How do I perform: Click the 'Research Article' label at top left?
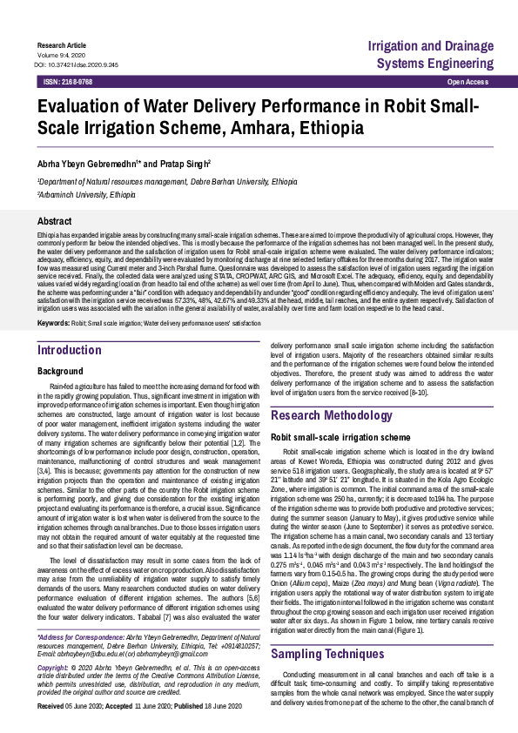click(62, 44)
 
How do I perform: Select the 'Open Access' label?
click(468, 81)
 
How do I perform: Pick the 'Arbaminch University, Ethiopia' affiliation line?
click(86, 195)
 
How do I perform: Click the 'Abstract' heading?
click(54, 222)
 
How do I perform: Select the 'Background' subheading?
click(60, 371)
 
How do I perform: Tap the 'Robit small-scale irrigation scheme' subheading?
click(340, 436)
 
